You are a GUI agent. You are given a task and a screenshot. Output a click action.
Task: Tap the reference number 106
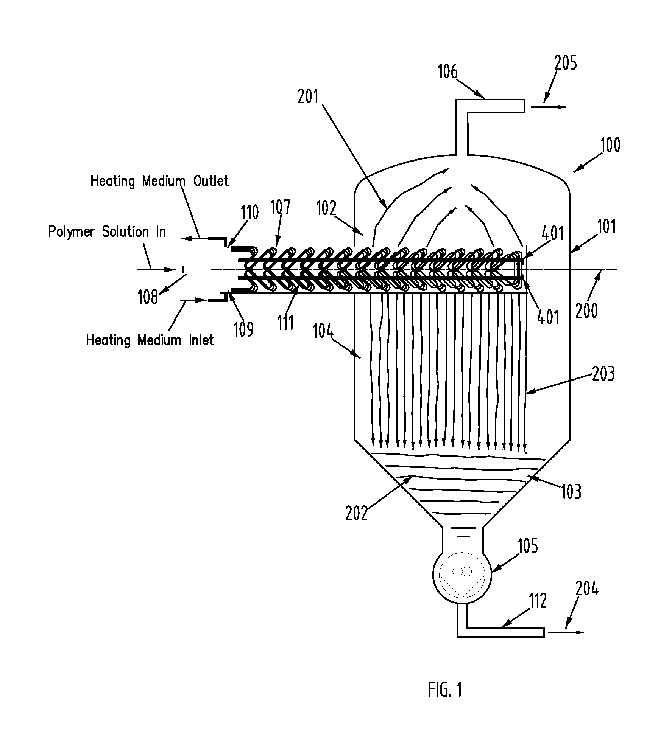pyautogui.click(x=448, y=71)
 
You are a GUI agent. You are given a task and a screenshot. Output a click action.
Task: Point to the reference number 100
pyautogui.click(x=610, y=145)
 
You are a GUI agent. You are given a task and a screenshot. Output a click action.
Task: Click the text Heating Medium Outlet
pyautogui.click(x=159, y=181)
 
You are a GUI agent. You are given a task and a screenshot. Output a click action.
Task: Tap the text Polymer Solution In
pyautogui.click(x=107, y=231)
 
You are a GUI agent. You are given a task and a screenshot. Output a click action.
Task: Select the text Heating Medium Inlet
pyautogui.click(x=150, y=340)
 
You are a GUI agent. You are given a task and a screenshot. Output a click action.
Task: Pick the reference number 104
pyautogui.click(x=323, y=332)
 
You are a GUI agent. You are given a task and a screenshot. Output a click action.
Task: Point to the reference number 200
pyautogui.click(x=586, y=311)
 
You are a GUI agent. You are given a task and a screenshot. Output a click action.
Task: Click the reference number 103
pyautogui.click(x=571, y=491)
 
